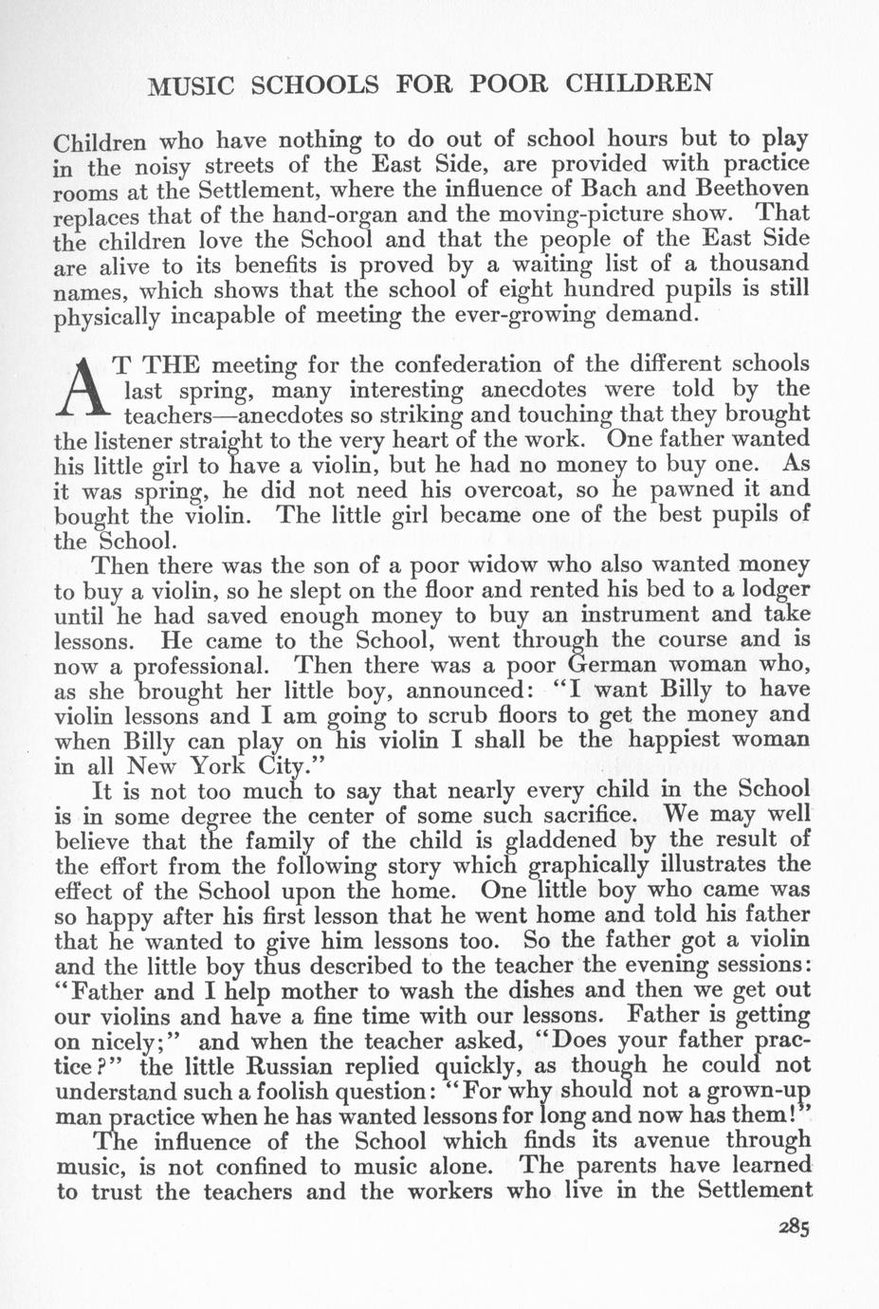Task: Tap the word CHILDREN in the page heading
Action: (x=639, y=83)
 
